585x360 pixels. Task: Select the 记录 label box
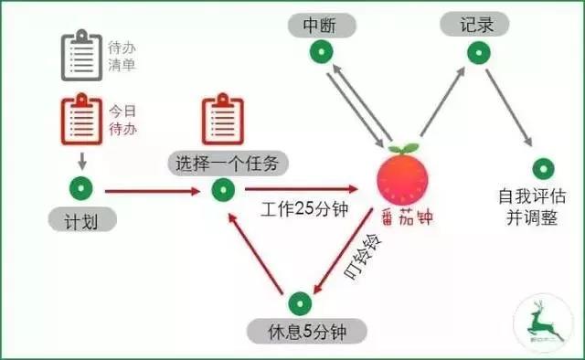point(479,24)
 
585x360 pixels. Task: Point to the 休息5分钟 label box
point(300,329)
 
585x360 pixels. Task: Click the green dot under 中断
point(321,53)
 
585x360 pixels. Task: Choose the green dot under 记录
point(478,52)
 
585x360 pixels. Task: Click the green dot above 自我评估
point(545,168)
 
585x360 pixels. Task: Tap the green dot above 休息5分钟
point(299,302)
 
